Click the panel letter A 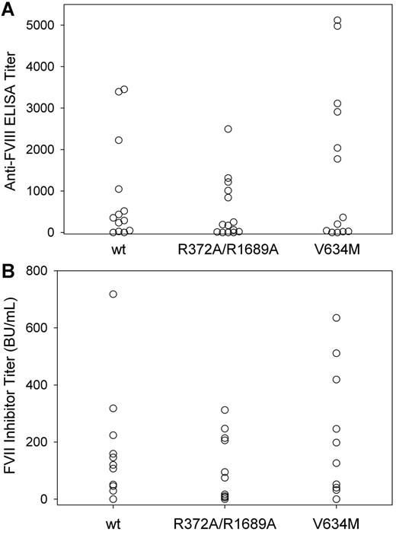click(x=8, y=8)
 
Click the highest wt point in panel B click(x=113, y=294)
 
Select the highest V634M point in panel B click(x=337, y=317)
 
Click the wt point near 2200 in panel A click(x=119, y=140)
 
